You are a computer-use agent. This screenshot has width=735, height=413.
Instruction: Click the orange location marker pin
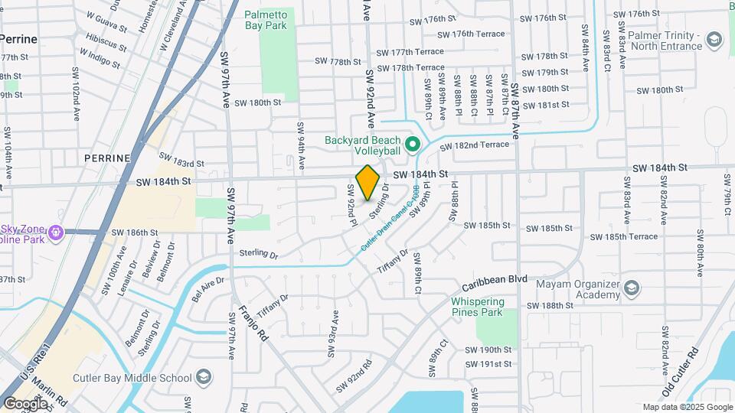tap(368, 182)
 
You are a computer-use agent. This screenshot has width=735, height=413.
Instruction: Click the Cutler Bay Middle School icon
tap(204, 377)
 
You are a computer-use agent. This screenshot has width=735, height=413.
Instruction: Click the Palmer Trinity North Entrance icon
tap(714, 39)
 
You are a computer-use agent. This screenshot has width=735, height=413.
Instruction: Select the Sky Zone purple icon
tap(54, 231)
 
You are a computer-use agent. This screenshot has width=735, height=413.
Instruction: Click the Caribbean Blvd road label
tap(497, 279)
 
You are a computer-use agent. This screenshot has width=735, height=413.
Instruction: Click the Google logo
tap(25, 403)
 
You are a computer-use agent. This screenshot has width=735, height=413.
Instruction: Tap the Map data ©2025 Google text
tap(687, 407)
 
